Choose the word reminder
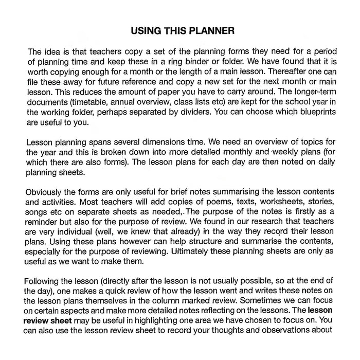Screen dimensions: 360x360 (x=46, y=224)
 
